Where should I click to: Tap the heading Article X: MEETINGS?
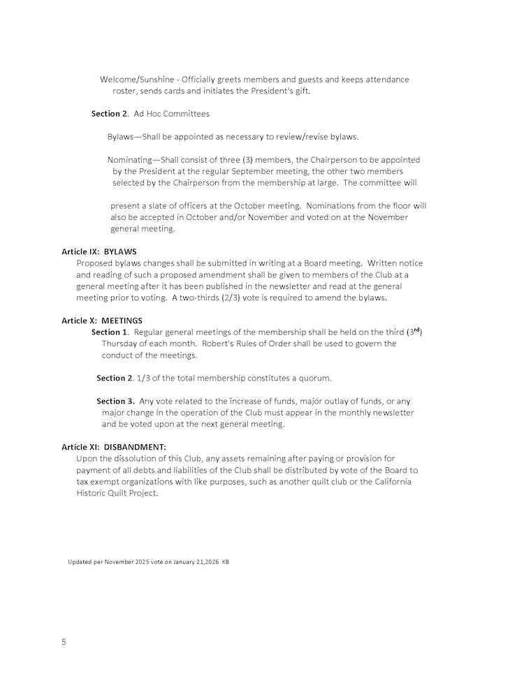click(102, 320)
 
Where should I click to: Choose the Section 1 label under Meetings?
click(110, 332)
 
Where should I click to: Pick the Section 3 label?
click(115, 401)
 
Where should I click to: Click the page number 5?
click(64, 642)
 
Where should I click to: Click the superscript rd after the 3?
click(416, 330)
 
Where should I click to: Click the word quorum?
click(312, 378)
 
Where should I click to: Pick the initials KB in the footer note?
click(225, 562)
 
